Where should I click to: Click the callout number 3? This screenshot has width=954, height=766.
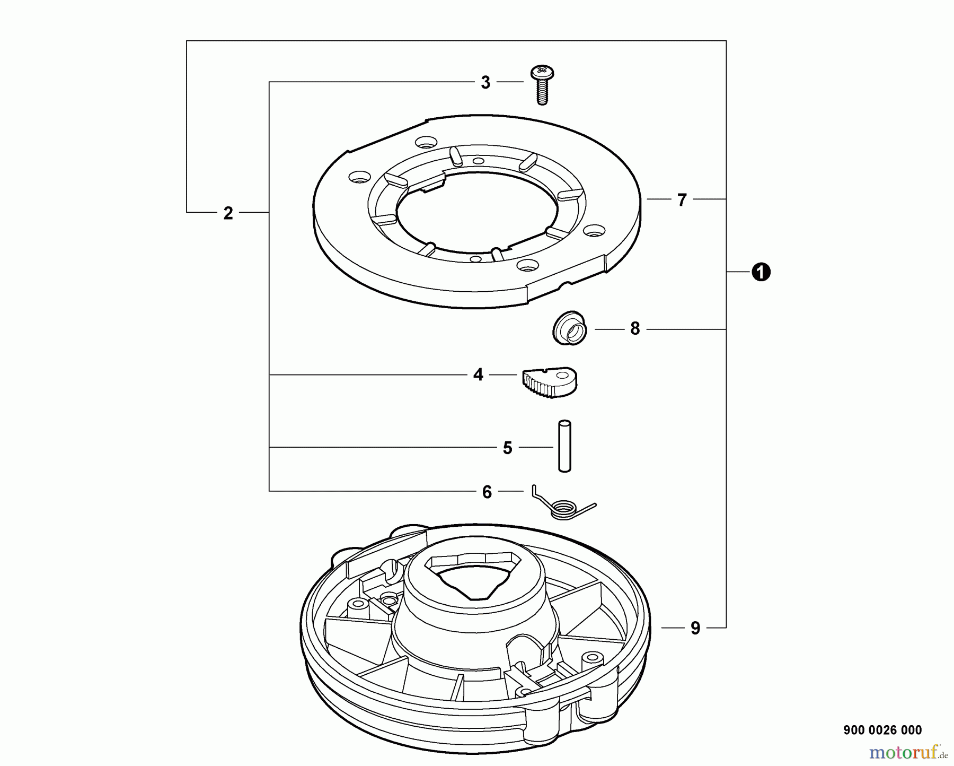485,83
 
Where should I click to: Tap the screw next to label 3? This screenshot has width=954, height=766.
542,88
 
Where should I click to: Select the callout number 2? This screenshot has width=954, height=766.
228,213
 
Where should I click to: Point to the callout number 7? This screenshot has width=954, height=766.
682,200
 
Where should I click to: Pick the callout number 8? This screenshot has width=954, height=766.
635,329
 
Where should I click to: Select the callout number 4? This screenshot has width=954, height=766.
478,375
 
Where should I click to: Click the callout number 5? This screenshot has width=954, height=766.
507,448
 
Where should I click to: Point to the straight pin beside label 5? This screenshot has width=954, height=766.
564,446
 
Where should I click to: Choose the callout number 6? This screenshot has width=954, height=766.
487,492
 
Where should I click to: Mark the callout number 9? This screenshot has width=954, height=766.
695,629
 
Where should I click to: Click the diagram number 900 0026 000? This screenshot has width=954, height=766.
882,730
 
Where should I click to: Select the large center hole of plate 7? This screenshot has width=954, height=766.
477,212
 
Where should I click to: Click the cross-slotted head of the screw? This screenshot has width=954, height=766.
542,71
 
